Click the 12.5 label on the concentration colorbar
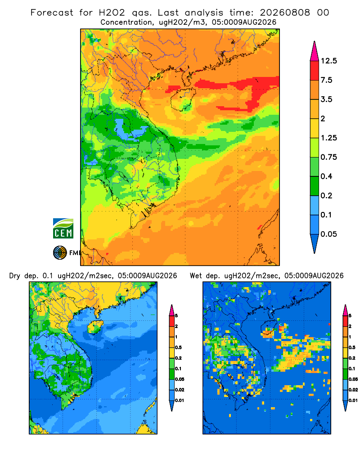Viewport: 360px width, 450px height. coord(328,61)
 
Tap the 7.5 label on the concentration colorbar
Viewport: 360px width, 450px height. coord(326,80)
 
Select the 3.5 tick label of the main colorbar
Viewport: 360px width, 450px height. coord(326,99)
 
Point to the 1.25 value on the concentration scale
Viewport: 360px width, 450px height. coord(328,138)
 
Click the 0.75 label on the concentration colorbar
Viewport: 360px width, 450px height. coord(328,157)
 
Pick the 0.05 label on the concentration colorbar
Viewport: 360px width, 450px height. coord(328,234)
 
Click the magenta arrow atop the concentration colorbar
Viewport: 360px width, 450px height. coord(315,52)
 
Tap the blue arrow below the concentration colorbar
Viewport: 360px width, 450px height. coord(315,243)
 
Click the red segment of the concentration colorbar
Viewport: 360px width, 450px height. coord(315,71)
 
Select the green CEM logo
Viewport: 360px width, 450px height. coord(63,229)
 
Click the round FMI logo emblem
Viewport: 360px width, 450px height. coord(60,253)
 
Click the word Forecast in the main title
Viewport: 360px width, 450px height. coord(52,13)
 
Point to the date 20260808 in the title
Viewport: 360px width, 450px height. coord(285,13)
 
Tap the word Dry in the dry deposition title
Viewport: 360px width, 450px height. coord(15,276)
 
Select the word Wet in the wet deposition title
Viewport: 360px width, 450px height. coord(196,276)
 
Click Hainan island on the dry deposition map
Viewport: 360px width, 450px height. coord(95,327)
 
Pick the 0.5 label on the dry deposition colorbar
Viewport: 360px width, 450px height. coord(178,347)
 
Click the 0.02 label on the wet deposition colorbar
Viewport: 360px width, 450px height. coord(353,390)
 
